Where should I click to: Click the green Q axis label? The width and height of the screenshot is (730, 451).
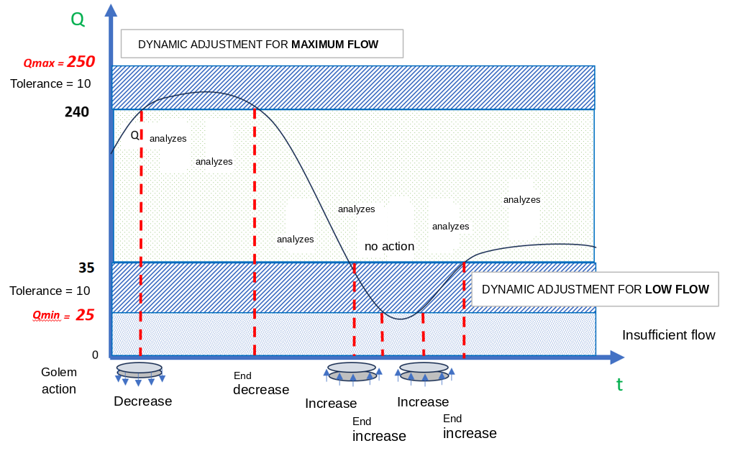tap(78, 19)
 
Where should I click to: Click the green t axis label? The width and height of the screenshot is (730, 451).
tap(619, 385)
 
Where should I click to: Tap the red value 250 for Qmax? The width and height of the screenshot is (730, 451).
tap(81, 61)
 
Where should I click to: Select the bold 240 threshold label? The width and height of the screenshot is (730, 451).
tap(77, 111)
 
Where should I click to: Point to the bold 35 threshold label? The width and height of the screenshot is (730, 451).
tap(86, 268)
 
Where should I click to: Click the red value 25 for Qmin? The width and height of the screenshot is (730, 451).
tap(85, 314)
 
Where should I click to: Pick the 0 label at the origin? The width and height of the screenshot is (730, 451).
tap(95, 355)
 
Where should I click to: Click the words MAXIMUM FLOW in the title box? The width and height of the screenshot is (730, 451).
tap(334, 45)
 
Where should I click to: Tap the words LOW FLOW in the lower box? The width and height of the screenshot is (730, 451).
tap(677, 289)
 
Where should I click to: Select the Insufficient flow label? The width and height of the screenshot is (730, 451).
tap(669, 335)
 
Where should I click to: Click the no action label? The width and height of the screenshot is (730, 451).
tap(389, 246)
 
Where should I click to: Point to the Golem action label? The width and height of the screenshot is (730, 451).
tap(59, 381)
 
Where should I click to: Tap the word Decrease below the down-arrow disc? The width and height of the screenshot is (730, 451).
tap(143, 401)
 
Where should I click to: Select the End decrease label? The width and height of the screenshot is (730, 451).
tap(260, 383)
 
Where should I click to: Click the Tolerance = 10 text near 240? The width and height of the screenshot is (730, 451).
tap(51, 83)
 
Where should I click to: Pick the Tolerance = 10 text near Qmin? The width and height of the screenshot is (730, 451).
tap(50, 291)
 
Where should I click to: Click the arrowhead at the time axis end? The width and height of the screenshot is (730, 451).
tap(617, 357)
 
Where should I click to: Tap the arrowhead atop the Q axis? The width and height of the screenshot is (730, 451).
tap(111, 10)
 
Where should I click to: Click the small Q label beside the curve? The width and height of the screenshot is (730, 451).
tap(134, 135)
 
